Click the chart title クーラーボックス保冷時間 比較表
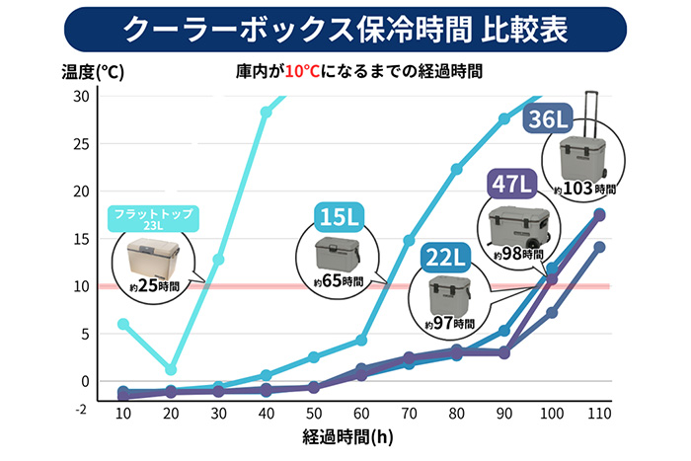pyautogui.click(x=345, y=29)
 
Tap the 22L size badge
pyautogui.click(x=447, y=257)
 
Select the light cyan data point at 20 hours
pyautogui.click(x=171, y=370)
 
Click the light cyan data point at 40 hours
pyautogui.click(x=266, y=112)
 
